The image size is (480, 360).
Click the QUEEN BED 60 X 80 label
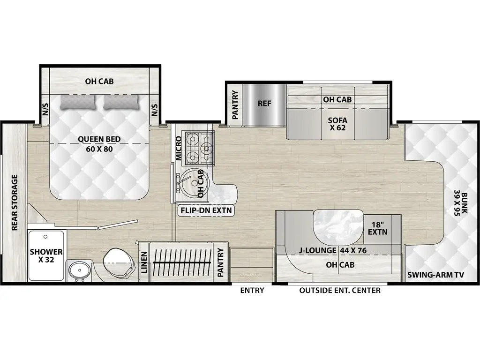point(99,143)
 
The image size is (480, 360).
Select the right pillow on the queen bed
point(121,102)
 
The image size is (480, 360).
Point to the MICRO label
point(179,148)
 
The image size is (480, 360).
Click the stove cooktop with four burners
point(199,146)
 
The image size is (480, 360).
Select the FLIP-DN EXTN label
point(206,210)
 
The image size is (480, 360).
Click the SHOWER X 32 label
point(46,256)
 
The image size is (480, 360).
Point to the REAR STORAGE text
point(15,202)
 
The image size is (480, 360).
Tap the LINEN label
point(144,263)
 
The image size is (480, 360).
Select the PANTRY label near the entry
point(221,263)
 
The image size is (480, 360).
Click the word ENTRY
point(252,290)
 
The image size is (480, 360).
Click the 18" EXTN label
point(377,228)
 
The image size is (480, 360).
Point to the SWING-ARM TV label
point(435,275)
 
